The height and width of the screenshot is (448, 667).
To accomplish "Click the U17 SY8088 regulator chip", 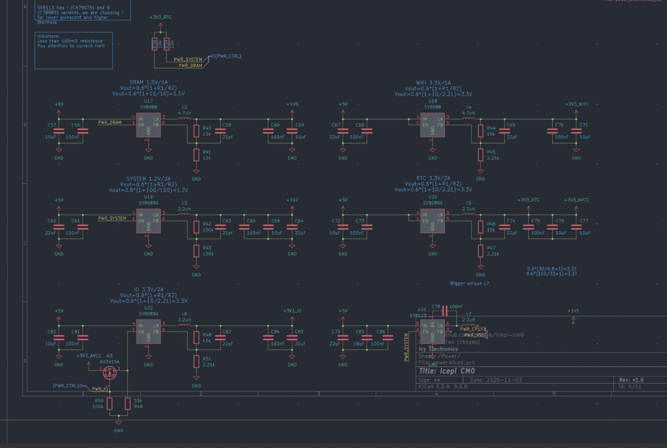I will [x=148, y=125].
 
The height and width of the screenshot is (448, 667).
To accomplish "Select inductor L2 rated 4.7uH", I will [x=184, y=119].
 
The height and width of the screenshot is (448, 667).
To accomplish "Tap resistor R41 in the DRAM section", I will [x=196, y=155].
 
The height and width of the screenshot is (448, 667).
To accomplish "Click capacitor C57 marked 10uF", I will [x=59, y=131].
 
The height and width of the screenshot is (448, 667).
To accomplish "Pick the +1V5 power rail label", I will [x=292, y=104].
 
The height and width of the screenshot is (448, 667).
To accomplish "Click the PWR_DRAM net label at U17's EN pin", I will [x=110, y=122].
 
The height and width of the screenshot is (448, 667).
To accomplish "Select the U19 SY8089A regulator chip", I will [x=148, y=221].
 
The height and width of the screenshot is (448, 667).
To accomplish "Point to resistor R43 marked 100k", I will [x=196, y=251].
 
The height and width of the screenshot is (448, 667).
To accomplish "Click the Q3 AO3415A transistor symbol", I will [x=110, y=373].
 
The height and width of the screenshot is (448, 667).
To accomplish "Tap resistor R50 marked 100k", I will [x=110, y=403].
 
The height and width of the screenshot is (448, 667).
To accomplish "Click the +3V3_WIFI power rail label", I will [x=576, y=104].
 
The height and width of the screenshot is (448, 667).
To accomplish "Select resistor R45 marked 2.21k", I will [x=481, y=155].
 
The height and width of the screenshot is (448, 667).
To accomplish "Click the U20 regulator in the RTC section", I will [x=433, y=221].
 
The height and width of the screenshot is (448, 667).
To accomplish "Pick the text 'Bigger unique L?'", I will [x=469, y=284].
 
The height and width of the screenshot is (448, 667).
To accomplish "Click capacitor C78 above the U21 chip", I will [x=445, y=310].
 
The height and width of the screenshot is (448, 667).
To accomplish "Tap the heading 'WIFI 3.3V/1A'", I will [x=433, y=83].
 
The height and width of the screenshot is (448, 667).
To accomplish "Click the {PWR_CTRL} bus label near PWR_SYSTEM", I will [x=228, y=56].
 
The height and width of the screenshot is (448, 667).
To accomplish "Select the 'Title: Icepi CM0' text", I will [x=447, y=371].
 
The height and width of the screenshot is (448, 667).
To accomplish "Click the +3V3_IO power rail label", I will [x=292, y=311].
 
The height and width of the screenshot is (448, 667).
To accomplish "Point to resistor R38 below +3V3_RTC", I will [x=155, y=44].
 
